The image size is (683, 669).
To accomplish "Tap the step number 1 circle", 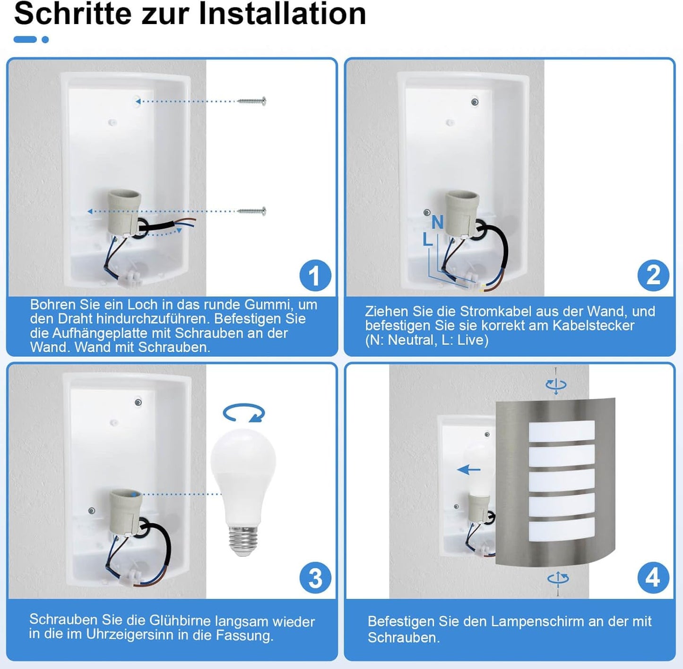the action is pyautogui.click(x=315, y=276).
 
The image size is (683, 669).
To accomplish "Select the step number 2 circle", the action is pyautogui.click(x=653, y=276).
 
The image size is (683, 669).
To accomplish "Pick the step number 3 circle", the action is pyautogui.click(x=315, y=578).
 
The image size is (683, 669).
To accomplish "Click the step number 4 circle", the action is pyautogui.click(x=653, y=578).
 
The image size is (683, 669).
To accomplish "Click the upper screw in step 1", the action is pyautogui.click(x=251, y=102).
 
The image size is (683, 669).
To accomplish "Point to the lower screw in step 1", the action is pyautogui.click(x=251, y=212).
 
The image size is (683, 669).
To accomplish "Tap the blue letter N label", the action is pyautogui.click(x=437, y=222).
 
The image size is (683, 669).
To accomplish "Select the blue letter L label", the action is pyautogui.click(x=428, y=240).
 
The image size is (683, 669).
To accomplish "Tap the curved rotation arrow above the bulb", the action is pyautogui.click(x=244, y=413).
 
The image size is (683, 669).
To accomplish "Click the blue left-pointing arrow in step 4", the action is pyautogui.click(x=469, y=470).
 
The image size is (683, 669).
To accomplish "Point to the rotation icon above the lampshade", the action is pyautogui.click(x=556, y=384).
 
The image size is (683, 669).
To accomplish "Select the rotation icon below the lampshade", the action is pyautogui.click(x=558, y=579).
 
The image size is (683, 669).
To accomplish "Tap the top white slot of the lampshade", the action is pyautogui.click(x=562, y=431).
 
